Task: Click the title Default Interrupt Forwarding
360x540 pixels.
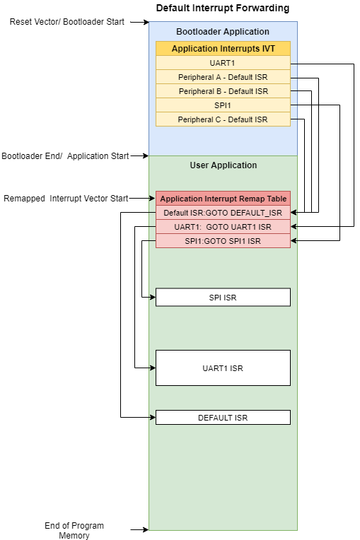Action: click(223, 8)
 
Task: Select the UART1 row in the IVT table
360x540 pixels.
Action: click(223, 63)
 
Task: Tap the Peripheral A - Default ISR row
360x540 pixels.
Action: click(223, 77)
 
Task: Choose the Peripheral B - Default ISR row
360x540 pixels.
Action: click(223, 91)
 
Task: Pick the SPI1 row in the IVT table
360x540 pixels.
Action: click(223, 105)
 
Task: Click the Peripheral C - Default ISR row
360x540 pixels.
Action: click(223, 119)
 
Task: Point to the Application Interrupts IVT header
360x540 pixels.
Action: click(223, 49)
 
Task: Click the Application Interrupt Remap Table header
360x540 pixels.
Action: click(223, 199)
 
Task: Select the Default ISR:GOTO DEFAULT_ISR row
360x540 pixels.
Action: click(223, 213)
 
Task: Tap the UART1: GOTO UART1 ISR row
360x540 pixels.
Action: click(223, 227)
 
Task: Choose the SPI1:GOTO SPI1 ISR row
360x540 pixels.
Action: click(223, 241)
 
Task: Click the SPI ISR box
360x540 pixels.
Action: click(223, 297)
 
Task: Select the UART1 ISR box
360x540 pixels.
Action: click(223, 368)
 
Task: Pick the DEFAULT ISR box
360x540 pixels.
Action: click(223, 418)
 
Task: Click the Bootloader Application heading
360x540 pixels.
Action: click(223, 31)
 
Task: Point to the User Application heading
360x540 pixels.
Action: click(223, 165)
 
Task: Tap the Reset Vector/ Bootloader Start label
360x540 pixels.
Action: click(66, 22)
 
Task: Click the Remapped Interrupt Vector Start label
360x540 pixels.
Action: click(66, 199)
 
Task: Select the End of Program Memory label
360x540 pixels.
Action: click(74, 530)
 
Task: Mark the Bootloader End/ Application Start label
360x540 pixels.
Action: click(65, 156)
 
